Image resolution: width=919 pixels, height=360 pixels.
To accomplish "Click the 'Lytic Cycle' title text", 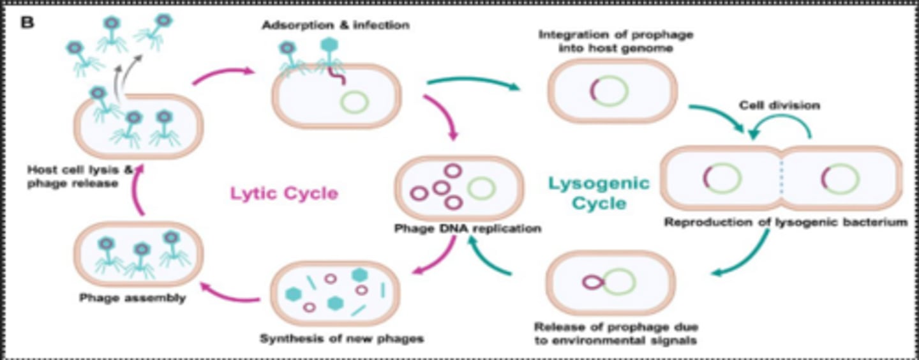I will point(284,193).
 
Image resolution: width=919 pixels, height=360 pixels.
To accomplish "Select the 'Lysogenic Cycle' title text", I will point(599,193).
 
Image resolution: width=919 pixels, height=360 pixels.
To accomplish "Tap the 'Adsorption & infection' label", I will point(335,26).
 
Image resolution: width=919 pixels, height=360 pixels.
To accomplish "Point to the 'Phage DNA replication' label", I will point(468,228).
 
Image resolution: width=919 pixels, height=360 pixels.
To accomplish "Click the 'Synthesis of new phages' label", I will point(341,338).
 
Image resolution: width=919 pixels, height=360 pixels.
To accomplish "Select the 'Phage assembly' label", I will point(133,297).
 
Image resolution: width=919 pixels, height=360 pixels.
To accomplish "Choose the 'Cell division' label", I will point(779,105).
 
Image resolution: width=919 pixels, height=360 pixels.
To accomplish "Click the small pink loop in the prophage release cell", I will point(592,281).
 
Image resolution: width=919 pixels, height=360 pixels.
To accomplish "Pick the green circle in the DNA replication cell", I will point(481,188).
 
